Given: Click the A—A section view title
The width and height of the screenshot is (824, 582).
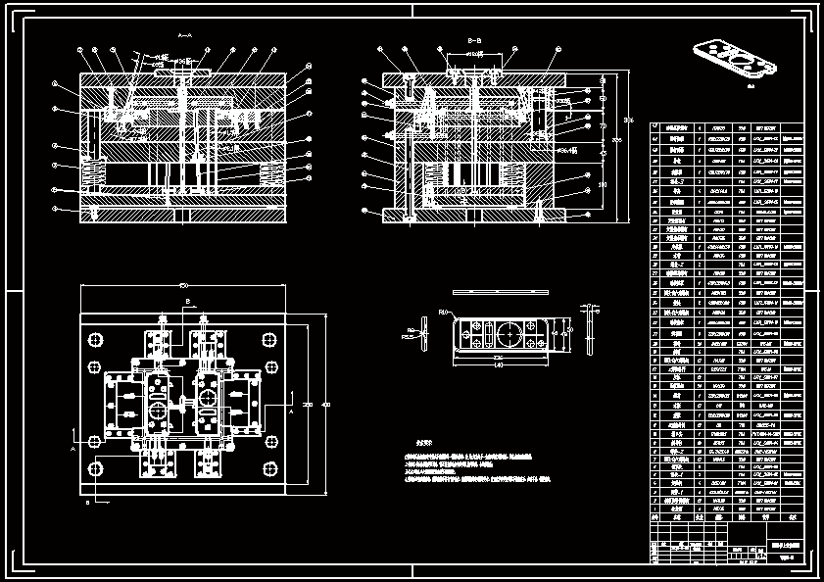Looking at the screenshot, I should click(184, 35).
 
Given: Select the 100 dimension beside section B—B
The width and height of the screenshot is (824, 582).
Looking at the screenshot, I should click(603, 183).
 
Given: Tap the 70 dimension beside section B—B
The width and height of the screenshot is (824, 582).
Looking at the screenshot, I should click(603, 125).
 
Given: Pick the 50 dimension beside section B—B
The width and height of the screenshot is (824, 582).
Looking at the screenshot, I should click(603, 98).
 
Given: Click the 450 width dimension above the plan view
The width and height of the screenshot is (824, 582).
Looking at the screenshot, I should click(183, 285).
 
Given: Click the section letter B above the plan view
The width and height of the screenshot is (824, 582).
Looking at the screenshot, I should click(187, 301).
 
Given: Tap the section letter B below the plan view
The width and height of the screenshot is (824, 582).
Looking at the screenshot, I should click(89, 503).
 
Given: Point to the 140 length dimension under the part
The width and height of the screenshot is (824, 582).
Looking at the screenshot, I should click(498, 364).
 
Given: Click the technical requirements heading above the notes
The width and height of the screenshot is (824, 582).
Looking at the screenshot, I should click(424, 443).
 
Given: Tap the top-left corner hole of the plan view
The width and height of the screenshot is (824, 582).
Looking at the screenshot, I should click(97, 339).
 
